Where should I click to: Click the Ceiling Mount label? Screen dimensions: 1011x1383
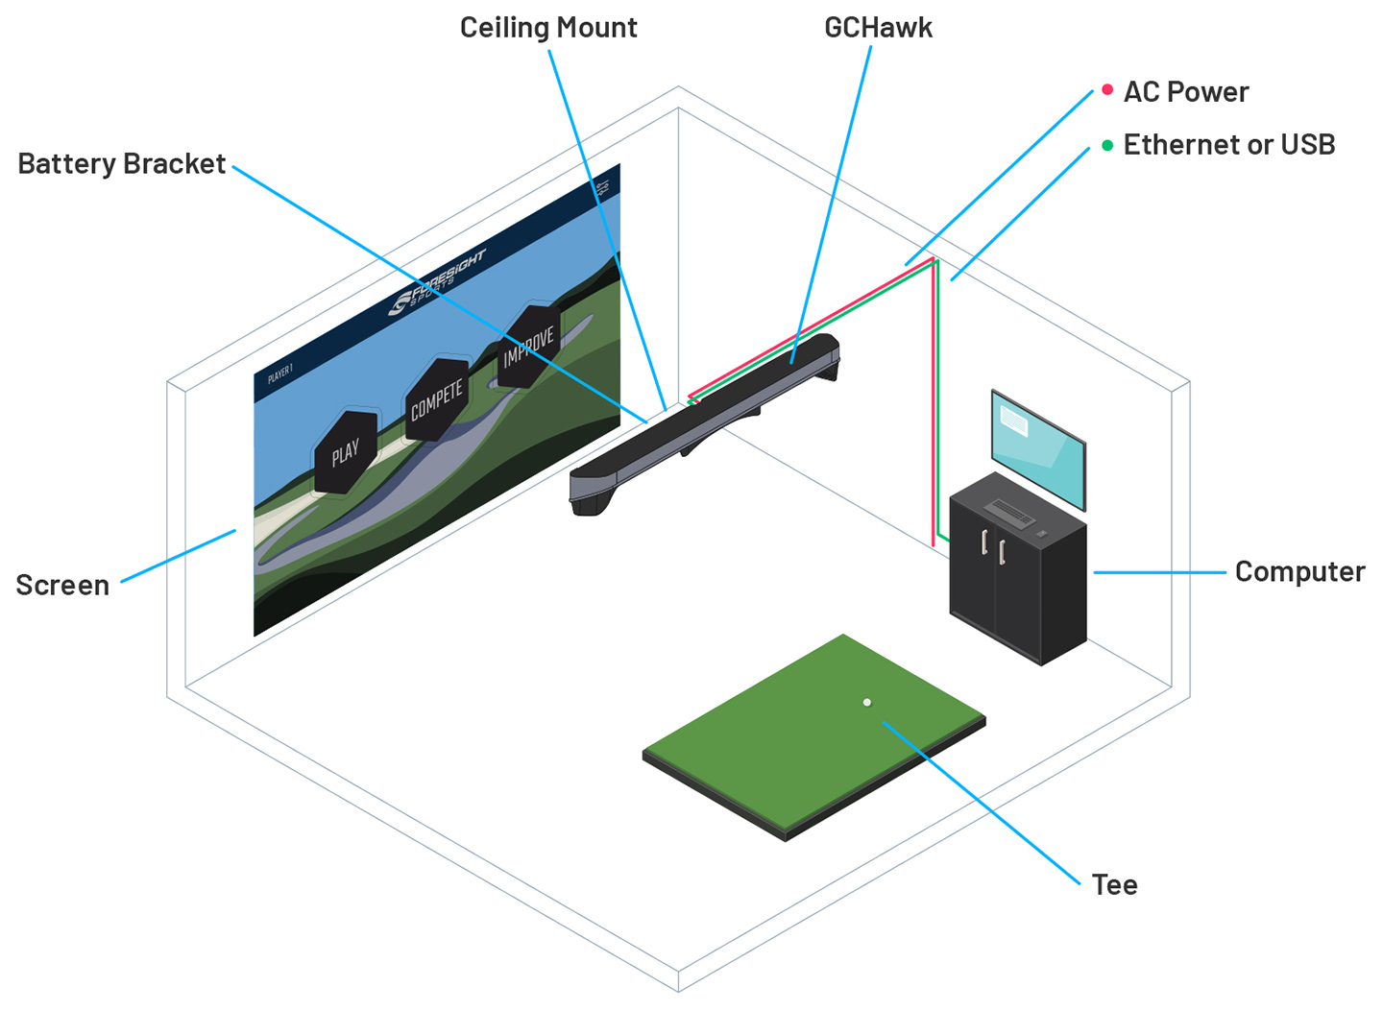click(x=547, y=28)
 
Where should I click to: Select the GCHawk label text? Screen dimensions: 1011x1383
click(x=878, y=28)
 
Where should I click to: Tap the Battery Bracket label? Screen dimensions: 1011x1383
click(x=122, y=164)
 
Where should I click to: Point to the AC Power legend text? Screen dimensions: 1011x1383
click(x=1185, y=92)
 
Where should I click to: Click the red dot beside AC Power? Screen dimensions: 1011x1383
click(x=1107, y=90)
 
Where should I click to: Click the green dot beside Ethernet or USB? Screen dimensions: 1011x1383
click(x=1107, y=145)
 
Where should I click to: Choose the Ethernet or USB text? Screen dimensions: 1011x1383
click(x=1228, y=145)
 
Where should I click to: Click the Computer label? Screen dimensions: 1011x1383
click(x=1298, y=572)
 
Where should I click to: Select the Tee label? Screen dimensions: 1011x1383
click(x=1114, y=885)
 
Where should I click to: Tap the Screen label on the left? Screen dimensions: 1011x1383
click(x=62, y=586)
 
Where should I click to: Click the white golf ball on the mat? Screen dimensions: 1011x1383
click(x=867, y=703)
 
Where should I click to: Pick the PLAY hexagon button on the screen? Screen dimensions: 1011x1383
click(x=345, y=452)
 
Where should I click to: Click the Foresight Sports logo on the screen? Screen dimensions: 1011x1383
click(x=437, y=283)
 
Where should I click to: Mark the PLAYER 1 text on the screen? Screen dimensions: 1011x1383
click(x=280, y=373)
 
